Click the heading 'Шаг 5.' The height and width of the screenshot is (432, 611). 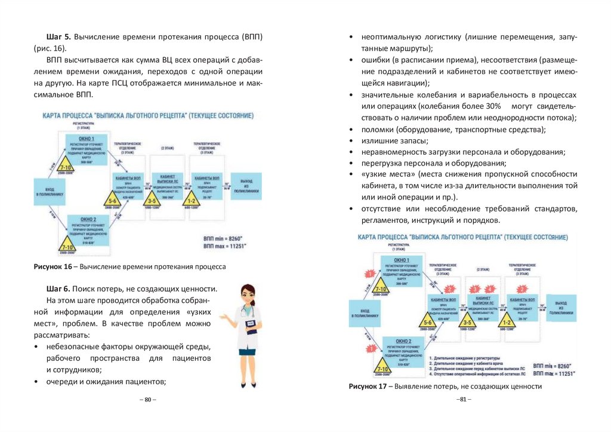60,37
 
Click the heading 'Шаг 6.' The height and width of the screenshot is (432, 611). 60,289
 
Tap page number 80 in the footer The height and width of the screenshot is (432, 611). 147,399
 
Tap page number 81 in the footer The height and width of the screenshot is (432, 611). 463,399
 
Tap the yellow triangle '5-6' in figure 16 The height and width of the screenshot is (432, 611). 113,200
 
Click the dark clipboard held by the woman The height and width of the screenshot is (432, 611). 252,327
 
